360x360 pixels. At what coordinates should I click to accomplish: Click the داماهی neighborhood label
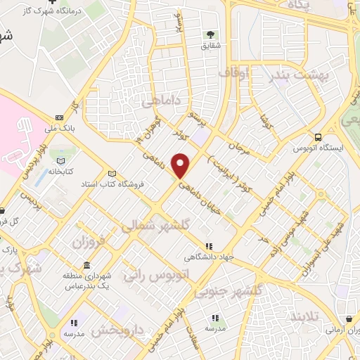[x=161, y=103]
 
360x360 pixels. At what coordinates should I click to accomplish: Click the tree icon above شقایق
[x=210, y=34]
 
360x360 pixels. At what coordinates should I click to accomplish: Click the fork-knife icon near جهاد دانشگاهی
[x=209, y=245]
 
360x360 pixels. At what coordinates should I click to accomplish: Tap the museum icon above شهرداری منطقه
[x=86, y=266]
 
